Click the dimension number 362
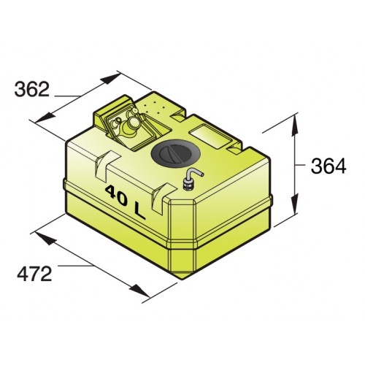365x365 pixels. [34, 89]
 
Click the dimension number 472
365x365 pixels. [34, 274]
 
